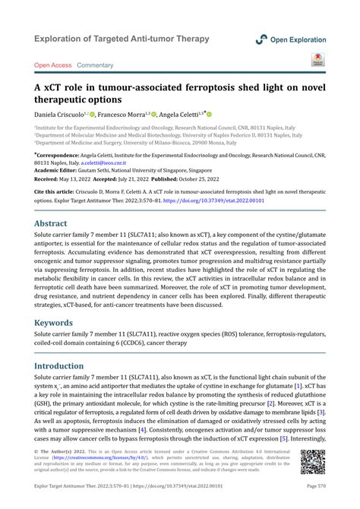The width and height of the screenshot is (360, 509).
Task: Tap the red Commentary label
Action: [x=96, y=65]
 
